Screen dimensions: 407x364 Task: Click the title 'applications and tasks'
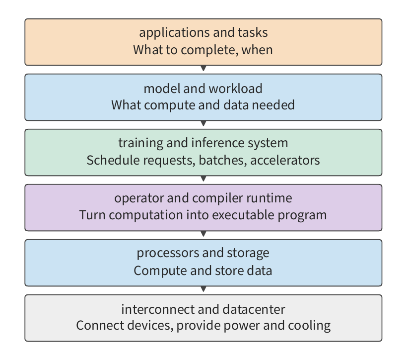(x=203, y=33)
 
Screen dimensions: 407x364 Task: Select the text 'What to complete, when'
(x=203, y=50)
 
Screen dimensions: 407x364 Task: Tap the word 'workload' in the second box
(x=235, y=89)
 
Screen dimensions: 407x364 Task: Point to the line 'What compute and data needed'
(x=203, y=105)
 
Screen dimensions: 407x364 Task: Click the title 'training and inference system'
(x=203, y=143)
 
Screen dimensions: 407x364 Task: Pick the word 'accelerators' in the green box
(x=285, y=160)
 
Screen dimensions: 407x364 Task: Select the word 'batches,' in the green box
(x=223, y=160)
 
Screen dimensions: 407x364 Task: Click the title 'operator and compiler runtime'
(x=203, y=198)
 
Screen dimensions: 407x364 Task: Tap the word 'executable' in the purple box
(x=243, y=215)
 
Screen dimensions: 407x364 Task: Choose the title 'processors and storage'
(x=203, y=253)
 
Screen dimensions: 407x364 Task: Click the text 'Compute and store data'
(x=203, y=271)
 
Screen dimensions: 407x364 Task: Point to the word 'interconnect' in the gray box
(x=158, y=309)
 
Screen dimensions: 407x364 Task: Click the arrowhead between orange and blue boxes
(x=203, y=69)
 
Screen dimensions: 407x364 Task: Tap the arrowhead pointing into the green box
(x=203, y=124)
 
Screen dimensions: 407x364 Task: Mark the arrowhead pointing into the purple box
(x=203, y=179)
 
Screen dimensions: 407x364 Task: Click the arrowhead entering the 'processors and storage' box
(x=203, y=234)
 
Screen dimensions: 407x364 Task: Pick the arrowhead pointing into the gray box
(x=203, y=289)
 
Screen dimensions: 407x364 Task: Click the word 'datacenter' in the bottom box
(x=254, y=309)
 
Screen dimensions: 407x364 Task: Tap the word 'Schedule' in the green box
(x=113, y=160)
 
